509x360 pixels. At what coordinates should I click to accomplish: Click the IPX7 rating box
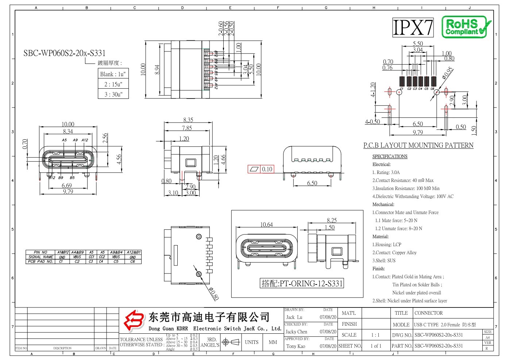(413, 27)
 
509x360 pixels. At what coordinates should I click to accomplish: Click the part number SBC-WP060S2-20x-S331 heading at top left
(64, 53)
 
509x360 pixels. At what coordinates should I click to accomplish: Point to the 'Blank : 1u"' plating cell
(113, 74)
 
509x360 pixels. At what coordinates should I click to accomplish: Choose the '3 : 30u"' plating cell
(113, 94)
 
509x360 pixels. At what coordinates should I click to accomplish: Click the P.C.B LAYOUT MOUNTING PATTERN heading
(418, 146)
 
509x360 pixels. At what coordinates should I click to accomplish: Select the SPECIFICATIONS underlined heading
(390, 156)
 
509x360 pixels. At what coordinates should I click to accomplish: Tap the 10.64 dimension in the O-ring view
(266, 224)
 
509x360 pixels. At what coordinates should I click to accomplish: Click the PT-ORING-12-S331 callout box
(302, 283)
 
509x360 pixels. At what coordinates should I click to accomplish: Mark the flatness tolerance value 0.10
(267, 169)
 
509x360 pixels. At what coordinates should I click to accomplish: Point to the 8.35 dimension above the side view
(188, 120)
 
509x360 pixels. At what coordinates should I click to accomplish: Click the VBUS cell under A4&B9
(77, 257)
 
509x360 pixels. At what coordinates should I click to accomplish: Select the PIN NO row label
(40, 252)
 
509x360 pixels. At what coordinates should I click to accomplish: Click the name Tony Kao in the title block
(296, 346)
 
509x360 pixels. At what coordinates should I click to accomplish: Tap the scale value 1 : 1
(375, 335)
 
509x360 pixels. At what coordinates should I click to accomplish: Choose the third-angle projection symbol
(231, 342)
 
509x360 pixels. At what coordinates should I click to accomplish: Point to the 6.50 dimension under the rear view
(312, 183)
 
